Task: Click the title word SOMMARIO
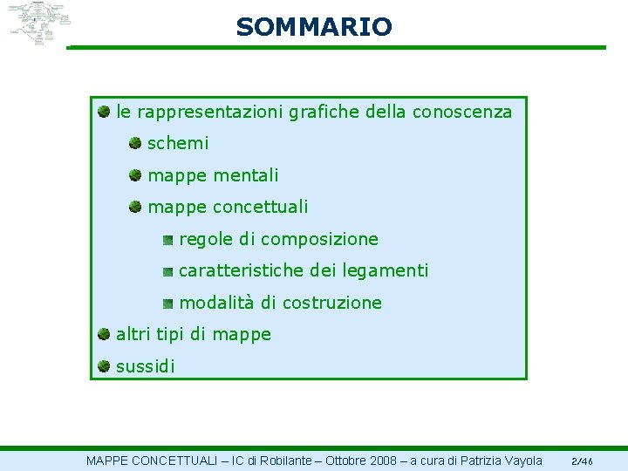tap(314, 27)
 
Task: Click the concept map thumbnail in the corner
tap(36, 24)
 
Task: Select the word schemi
tap(178, 143)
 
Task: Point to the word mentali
tap(246, 175)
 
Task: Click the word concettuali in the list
tap(261, 207)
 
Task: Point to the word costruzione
tap(332, 303)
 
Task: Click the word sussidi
tap(145, 366)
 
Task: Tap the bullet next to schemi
tap(135, 142)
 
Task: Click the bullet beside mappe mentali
tap(135, 174)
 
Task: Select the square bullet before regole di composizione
tap(167, 238)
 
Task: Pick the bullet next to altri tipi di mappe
tap(104, 333)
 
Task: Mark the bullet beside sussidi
tap(104, 365)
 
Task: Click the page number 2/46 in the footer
tap(582, 461)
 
